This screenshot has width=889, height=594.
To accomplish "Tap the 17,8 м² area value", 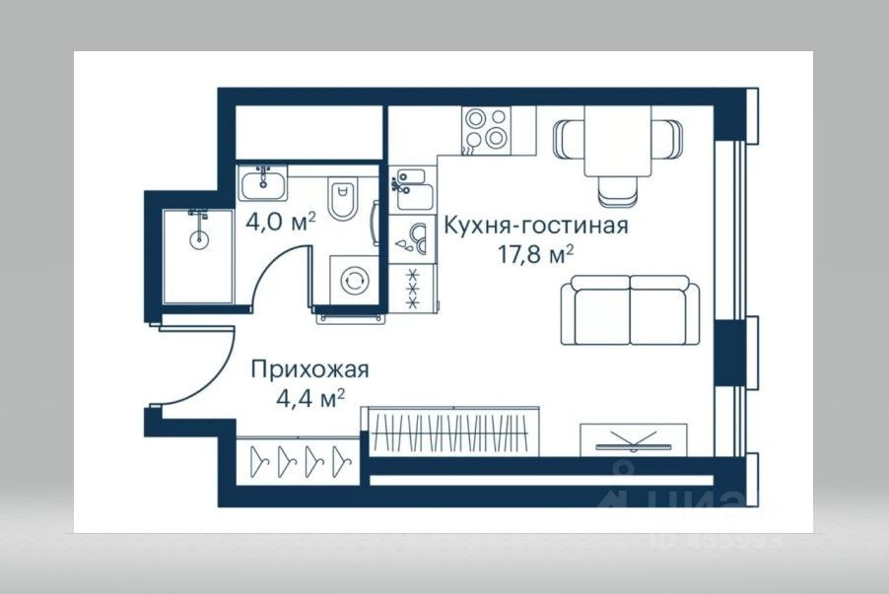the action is pyautogui.click(x=535, y=254).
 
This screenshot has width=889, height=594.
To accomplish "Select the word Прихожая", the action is pyautogui.click(x=309, y=370).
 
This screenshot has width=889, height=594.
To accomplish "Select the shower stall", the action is pyautogui.click(x=198, y=255).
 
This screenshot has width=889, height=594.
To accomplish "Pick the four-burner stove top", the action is pyautogui.click(x=485, y=129).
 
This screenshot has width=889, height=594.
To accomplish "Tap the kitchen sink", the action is pyautogui.click(x=410, y=191).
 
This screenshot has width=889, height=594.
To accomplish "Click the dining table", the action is pyautogui.click(x=617, y=141).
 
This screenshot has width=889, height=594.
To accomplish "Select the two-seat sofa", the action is pyautogui.click(x=630, y=309).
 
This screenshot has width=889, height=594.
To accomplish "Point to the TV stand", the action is pyautogui.click(x=633, y=437).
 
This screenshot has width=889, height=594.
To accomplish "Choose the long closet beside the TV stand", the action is pyautogui.click(x=454, y=430).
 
